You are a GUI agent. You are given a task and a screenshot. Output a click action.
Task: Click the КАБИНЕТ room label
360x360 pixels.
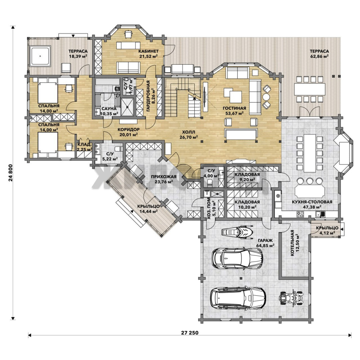point(148,51)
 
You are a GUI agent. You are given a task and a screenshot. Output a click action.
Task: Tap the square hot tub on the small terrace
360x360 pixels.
point(40,56)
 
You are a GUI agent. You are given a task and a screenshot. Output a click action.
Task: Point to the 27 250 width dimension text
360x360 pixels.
point(190,333)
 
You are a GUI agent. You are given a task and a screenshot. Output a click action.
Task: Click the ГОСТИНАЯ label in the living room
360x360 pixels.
point(234,108)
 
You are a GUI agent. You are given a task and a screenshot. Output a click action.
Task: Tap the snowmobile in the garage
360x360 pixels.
point(237,231)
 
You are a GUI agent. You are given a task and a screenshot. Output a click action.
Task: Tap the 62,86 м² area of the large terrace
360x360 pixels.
point(319,56)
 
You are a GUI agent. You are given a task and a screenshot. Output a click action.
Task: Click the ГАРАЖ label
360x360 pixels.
point(265,240)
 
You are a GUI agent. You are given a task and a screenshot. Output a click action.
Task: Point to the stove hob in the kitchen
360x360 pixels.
point(300,214)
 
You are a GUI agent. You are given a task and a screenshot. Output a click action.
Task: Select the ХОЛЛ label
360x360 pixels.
point(188,132)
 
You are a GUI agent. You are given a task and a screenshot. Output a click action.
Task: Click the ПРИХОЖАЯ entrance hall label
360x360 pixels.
point(164,177)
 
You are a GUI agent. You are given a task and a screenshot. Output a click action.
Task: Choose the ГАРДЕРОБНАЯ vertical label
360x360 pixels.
point(148,96)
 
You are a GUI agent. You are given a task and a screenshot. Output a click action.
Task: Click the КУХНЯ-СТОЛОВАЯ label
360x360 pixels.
point(312,202)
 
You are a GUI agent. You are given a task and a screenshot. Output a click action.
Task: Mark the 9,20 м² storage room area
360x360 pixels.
point(247,180)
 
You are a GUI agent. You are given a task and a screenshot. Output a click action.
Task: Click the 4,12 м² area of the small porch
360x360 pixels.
point(327,233)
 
